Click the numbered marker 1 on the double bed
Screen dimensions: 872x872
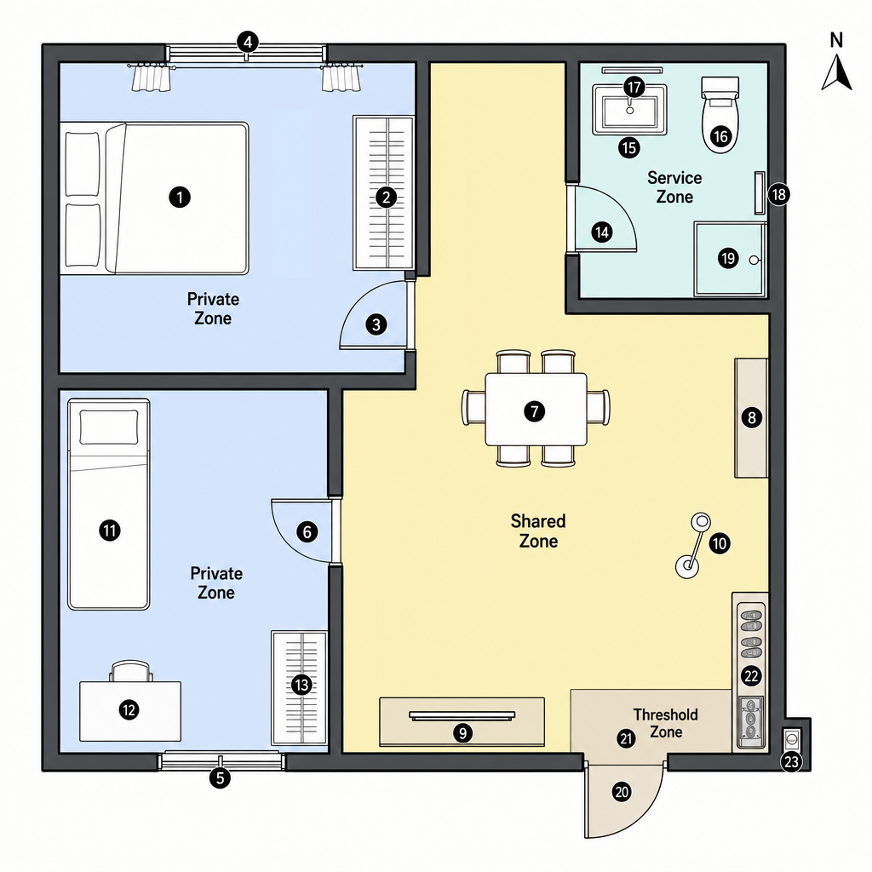click(180, 197)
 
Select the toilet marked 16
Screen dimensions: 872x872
click(720, 115)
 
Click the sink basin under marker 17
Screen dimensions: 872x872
click(629, 110)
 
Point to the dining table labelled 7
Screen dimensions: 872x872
click(536, 410)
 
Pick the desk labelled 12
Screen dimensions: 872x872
click(130, 711)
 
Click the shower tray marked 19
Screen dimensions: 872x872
click(730, 259)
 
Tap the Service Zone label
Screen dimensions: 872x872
click(674, 187)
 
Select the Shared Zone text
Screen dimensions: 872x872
click(538, 531)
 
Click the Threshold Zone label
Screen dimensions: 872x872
click(666, 723)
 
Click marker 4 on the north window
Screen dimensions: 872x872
click(248, 42)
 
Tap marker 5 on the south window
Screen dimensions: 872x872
click(220, 777)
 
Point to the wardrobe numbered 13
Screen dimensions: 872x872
click(299, 687)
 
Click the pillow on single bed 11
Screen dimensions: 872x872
click(109, 427)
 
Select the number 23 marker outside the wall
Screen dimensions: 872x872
click(791, 761)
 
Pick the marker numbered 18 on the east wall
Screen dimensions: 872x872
click(778, 194)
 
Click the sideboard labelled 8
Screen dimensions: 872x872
click(751, 417)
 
